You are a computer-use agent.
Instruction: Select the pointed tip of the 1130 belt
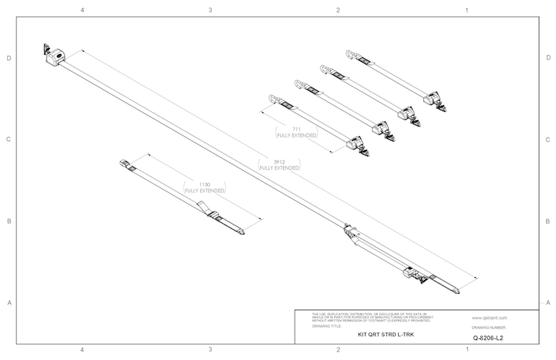coord(241,232)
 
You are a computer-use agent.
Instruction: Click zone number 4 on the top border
coord(83,10)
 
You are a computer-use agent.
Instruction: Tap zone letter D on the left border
coord(8,58)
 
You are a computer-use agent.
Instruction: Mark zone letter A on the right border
coord(548,303)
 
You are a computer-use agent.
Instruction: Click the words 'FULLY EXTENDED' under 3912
coord(279,168)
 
